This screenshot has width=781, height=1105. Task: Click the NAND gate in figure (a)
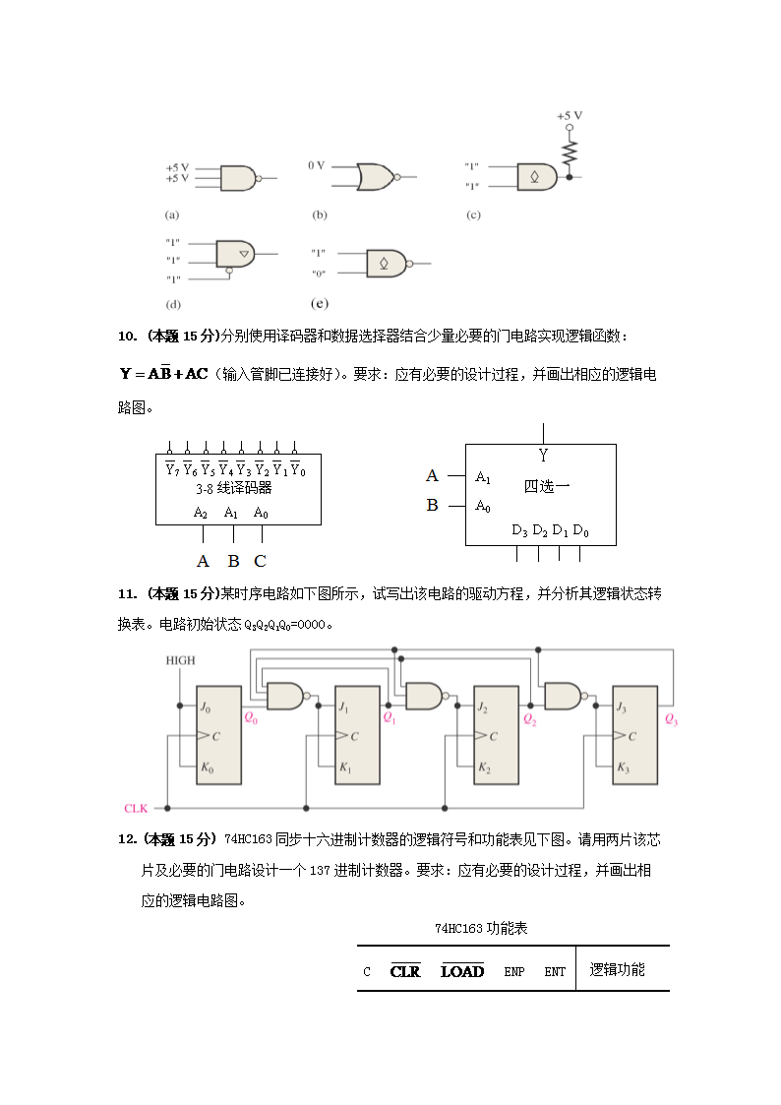click(237, 178)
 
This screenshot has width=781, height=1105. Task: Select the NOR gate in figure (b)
click(375, 177)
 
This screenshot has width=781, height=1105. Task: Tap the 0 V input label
click(316, 166)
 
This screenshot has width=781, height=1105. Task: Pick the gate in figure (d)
click(234, 253)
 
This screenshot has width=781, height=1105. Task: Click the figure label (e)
click(319, 304)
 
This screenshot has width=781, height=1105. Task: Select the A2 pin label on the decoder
click(201, 512)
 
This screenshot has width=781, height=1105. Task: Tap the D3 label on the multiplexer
click(519, 530)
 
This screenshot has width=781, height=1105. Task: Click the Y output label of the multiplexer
click(543, 455)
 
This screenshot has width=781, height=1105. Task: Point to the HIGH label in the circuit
click(180, 660)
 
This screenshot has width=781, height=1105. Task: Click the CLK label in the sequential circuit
click(136, 808)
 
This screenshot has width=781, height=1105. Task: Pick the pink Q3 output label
click(671, 720)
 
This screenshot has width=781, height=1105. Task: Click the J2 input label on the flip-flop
click(482, 707)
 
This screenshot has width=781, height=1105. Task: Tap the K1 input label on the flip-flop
click(344, 767)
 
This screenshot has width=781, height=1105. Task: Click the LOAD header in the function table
click(462, 971)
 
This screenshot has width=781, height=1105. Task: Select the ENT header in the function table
click(555, 971)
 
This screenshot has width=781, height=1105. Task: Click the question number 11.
click(127, 593)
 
